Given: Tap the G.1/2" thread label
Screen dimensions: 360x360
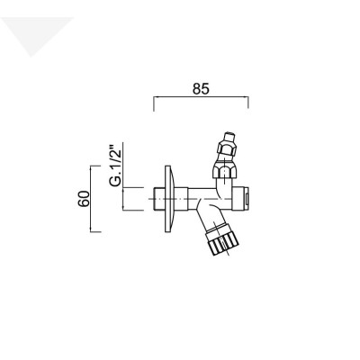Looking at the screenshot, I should click(x=114, y=166).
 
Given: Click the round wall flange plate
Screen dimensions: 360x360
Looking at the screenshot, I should click(x=166, y=199).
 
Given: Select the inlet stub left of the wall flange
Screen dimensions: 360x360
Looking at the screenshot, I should click(x=157, y=199).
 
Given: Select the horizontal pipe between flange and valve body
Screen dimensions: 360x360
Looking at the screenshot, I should click(x=189, y=193).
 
